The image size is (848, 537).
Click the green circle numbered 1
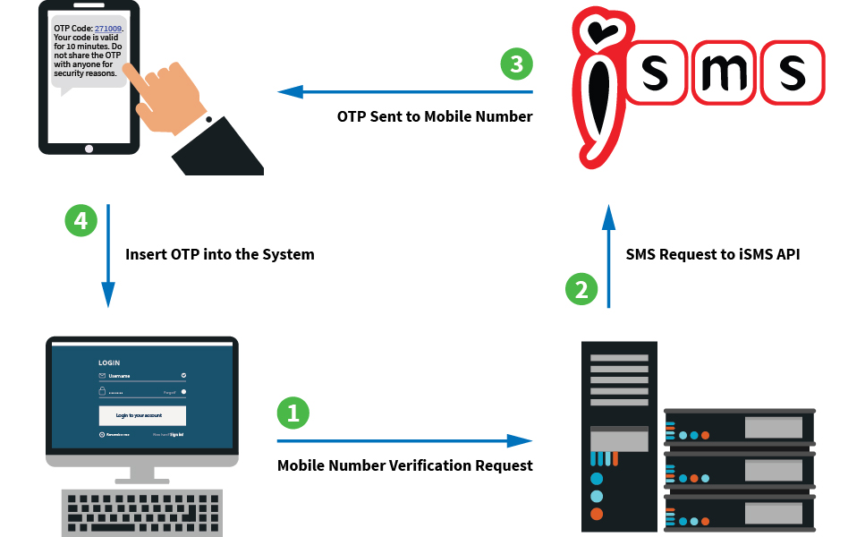[x=293, y=412]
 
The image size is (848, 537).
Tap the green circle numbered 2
[x=581, y=289]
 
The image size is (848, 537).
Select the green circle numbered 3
[x=516, y=64]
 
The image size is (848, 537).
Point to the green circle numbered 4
[x=81, y=220]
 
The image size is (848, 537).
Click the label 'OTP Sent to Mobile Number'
[x=435, y=116]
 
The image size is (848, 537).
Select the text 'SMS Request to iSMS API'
[x=713, y=254]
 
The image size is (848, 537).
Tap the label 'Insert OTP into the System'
[x=220, y=254]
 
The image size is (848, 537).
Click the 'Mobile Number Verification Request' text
[x=404, y=465]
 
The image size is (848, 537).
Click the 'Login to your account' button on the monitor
[x=142, y=415]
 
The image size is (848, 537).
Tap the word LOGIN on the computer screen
[x=109, y=362]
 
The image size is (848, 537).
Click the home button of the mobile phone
[x=89, y=149]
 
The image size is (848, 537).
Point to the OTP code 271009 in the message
[x=108, y=29]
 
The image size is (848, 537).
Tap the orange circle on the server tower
[x=597, y=514]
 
